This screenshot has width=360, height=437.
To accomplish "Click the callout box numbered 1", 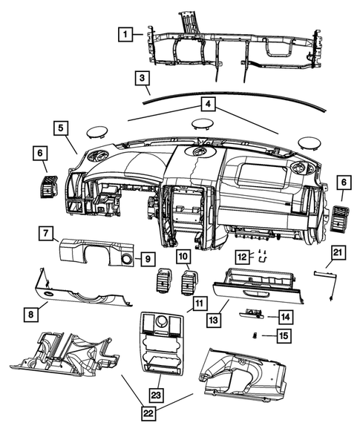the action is pos(125,34).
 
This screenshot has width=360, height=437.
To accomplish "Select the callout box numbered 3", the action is pos(143,79).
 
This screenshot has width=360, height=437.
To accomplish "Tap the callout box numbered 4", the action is pos(208,105).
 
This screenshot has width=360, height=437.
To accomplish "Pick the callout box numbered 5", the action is pos(61,128).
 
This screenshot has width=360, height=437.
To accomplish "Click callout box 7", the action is pos(46,232).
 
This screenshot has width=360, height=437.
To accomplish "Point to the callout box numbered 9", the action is pos(148,259).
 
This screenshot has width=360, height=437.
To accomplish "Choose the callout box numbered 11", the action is pos(200,303).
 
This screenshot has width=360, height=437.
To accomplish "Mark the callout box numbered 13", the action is pos(214,319).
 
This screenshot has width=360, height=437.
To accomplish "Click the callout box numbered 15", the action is pos(284,335).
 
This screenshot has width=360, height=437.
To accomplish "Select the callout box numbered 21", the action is pos(338,252).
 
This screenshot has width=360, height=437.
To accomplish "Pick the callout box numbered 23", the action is pos(157,395).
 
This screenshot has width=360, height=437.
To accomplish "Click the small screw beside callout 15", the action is pos(255,335).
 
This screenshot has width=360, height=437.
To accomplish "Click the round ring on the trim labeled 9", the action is pos(127,259).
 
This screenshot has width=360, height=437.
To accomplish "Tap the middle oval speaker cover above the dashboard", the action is pos(203,124).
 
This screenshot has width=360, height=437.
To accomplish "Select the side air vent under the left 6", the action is pos(49,187).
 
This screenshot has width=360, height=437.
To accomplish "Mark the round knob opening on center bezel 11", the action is pos(162,321).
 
